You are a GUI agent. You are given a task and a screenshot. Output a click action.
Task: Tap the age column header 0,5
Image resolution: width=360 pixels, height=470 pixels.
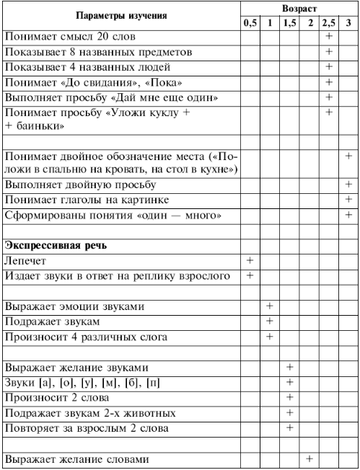click(x=250, y=23)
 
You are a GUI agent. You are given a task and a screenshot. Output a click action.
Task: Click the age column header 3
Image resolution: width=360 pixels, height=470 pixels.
click(x=348, y=23)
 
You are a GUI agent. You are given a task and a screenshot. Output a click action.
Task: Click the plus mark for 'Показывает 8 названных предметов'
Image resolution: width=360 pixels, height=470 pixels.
click(x=328, y=52)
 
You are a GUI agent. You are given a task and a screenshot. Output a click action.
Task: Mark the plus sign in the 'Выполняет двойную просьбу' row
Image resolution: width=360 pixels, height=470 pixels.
click(x=348, y=185)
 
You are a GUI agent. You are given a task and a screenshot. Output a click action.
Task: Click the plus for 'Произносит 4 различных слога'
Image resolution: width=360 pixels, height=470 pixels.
click(x=270, y=335)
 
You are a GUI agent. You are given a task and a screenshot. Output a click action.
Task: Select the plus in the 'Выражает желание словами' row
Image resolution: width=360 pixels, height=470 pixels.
click(x=309, y=458)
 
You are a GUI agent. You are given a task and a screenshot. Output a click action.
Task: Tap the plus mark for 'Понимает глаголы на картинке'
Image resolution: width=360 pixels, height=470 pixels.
click(x=348, y=200)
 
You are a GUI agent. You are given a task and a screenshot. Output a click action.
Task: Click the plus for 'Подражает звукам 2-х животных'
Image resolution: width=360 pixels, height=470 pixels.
click(x=289, y=412)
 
